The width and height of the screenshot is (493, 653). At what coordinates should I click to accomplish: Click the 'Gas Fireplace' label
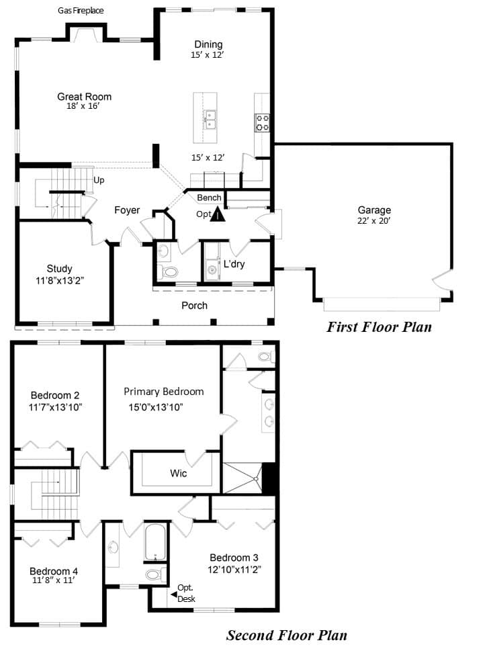tap(81, 11)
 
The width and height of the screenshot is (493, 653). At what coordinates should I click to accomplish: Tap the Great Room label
tap(84, 97)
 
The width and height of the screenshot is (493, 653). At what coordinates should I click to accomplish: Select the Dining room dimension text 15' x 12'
tap(208, 54)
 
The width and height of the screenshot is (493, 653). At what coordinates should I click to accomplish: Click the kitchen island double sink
tap(210, 120)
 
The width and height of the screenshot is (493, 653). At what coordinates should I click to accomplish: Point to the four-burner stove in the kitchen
tap(262, 123)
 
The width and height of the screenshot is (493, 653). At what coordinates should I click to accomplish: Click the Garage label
tap(374, 210)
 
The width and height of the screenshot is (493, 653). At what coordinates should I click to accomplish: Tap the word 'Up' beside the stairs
tap(99, 180)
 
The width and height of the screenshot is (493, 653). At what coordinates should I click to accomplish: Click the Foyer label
tap(127, 210)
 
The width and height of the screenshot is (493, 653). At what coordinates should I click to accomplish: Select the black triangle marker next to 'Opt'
tap(218, 214)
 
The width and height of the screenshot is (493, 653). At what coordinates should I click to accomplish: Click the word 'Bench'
tap(209, 198)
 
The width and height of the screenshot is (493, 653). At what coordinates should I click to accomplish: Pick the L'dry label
tap(234, 264)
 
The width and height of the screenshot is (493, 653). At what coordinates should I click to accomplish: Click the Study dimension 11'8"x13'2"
tap(60, 281)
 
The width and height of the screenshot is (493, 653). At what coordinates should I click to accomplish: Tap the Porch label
tap(195, 305)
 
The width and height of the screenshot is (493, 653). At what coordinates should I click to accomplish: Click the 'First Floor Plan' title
tap(379, 327)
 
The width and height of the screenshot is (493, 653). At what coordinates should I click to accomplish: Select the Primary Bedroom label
tap(164, 392)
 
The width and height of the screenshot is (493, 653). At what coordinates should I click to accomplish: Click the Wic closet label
tap(178, 473)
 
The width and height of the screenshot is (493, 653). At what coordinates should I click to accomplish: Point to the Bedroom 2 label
tap(55, 395)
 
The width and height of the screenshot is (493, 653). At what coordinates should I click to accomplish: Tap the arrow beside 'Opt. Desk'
tap(174, 595)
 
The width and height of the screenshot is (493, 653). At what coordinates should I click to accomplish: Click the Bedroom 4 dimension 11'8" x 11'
tap(53, 580)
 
